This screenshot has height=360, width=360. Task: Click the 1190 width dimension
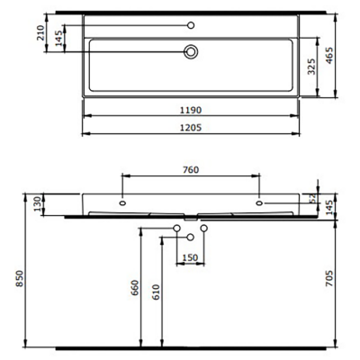pyautogui.click(x=190, y=109)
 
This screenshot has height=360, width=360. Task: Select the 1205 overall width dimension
pyautogui.click(x=190, y=127)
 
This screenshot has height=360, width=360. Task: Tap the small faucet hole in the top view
pyautogui.click(x=191, y=23)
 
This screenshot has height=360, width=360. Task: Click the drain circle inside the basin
pyautogui.click(x=191, y=53)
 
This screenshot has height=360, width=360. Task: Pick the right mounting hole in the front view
pyautogui.click(x=259, y=202)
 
